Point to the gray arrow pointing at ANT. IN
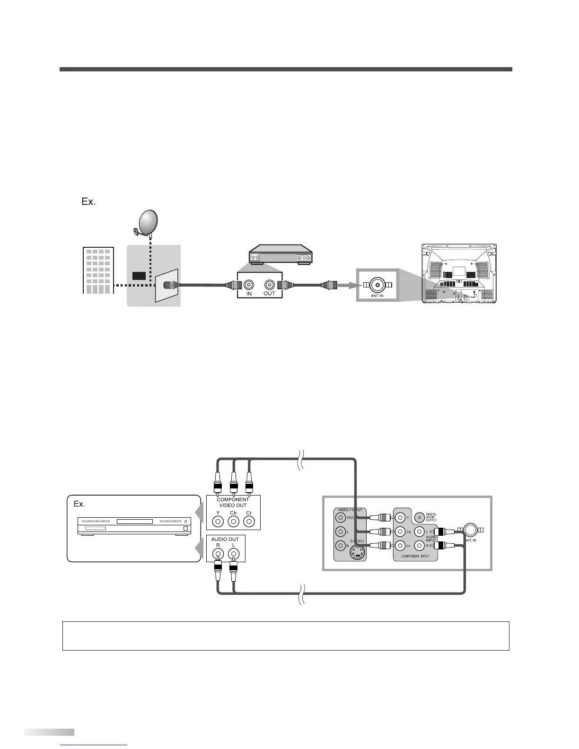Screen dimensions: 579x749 [x=346, y=285]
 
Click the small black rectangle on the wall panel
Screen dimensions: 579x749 [x=139, y=276]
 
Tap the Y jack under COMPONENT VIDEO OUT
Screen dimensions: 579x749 [x=218, y=522]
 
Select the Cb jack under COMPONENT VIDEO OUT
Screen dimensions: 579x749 [x=233, y=522]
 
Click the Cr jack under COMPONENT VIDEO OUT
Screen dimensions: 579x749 [x=249, y=522]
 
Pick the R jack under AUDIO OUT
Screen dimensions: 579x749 [x=218, y=553]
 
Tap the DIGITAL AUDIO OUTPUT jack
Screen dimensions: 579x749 [x=419, y=517]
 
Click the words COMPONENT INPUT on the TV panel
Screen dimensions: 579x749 [x=415, y=556]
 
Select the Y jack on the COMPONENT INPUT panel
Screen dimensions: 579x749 [x=400, y=518]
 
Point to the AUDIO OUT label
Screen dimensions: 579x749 [x=225, y=539]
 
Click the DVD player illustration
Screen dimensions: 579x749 [x=134, y=527]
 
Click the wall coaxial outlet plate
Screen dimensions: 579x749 [x=167, y=285]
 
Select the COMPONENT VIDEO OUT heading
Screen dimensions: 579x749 [x=233, y=502]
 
